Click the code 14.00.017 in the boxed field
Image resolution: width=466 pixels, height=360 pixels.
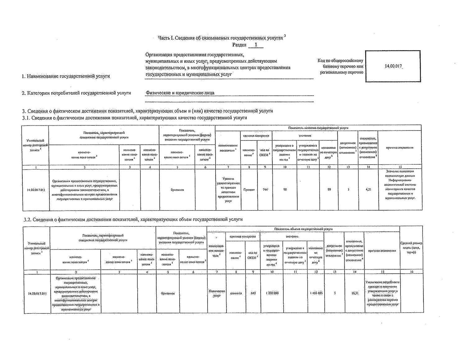coord(393,66)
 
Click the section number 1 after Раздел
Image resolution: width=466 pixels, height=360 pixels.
coord(256,45)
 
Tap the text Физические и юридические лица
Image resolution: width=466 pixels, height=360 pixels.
coord(180,93)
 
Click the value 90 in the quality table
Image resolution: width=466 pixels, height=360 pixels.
coord(285,189)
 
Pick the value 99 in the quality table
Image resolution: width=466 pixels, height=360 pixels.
coord(329,189)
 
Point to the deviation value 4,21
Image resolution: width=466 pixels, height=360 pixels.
coord(368,189)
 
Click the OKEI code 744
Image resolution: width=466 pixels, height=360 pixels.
coord(265,189)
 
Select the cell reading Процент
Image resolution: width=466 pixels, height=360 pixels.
coord(249,189)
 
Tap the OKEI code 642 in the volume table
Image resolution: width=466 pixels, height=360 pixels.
coord(253,293)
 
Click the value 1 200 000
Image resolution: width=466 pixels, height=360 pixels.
coord(272,293)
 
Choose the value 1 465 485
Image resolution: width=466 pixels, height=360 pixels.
coord(316,293)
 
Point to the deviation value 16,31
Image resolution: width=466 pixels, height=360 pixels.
coord(355,293)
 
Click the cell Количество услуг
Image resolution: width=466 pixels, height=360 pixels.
coord(217,293)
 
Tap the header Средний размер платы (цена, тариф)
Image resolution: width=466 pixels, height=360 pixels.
coord(411,248)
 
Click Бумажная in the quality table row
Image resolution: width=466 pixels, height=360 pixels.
coord(177,190)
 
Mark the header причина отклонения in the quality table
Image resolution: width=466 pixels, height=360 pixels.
coord(400,148)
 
